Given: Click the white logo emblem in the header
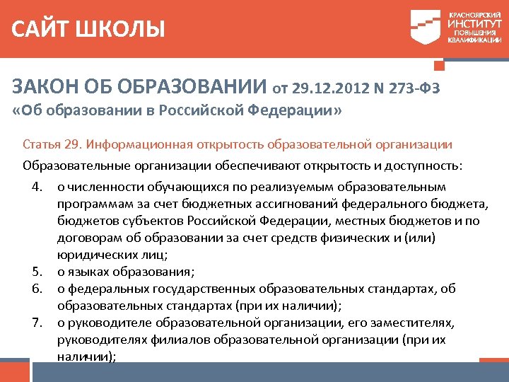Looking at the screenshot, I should [426, 28].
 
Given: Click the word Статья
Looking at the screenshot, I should [42, 145].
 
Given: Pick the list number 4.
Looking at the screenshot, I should [37, 187].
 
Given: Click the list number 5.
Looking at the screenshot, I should [37, 272].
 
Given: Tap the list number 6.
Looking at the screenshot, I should [37, 289].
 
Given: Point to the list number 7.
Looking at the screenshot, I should [37, 323].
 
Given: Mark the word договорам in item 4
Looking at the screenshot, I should [86, 238].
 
